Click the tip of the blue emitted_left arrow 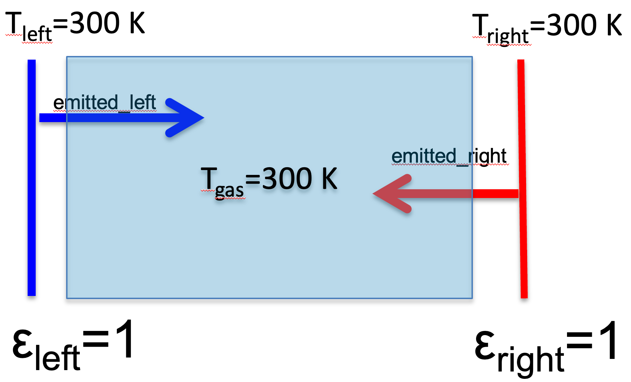click(x=204, y=118)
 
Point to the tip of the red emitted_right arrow click(x=373, y=193)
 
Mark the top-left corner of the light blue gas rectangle click(x=67, y=57)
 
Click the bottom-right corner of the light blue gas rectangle click(x=472, y=298)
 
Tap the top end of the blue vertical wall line click(x=31, y=60)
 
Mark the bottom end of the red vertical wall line click(x=524, y=298)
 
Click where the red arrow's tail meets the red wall click(x=518, y=193)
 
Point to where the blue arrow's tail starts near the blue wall click(x=40, y=118)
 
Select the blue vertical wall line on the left click(x=31, y=178)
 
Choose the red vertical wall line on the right click(x=523, y=179)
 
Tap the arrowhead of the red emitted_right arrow click(x=392, y=193)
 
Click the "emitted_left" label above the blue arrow click(x=105, y=102)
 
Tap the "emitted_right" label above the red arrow click(x=449, y=156)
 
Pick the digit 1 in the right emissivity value click(x=609, y=340)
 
